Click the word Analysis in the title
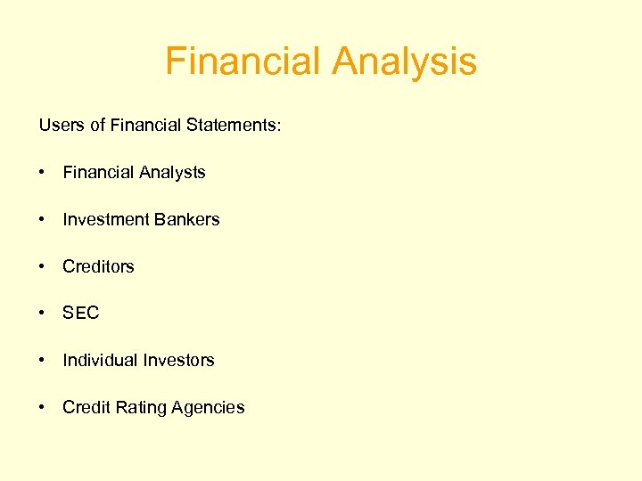404,62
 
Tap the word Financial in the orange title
243,62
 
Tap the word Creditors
98,266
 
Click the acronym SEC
81,313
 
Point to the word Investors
178,360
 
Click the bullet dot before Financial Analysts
43,173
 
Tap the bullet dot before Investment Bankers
43,220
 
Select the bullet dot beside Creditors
43,266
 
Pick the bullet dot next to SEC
43,314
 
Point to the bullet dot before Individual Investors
43,361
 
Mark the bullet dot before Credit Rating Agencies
43,407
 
